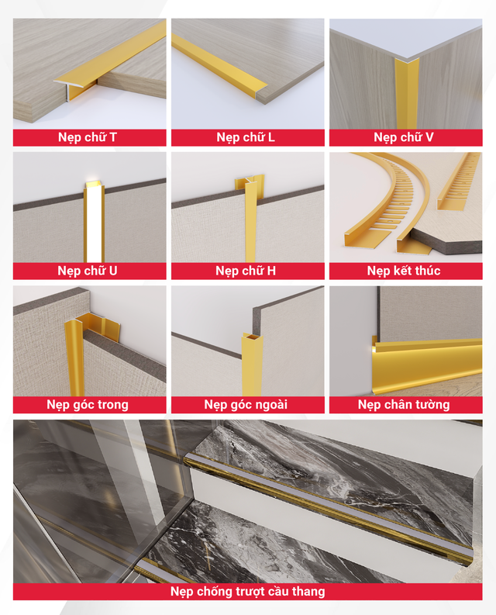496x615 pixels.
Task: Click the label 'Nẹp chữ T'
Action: (x=88, y=137)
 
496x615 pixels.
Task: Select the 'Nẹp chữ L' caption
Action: (x=246, y=137)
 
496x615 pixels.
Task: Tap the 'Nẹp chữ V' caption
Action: (x=404, y=137)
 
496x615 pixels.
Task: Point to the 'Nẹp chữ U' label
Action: (x=88, y=271)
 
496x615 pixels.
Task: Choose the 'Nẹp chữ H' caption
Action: (x=246, y=271)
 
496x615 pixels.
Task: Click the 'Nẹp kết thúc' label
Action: (x=404, y=271)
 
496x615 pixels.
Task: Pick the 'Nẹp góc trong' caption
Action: (x=88, y=404)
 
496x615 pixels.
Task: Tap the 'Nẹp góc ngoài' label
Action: (x=246, y=404)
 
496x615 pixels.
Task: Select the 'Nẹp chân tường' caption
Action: (x=404, y=404)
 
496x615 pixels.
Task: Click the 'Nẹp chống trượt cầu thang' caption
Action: (x=248, y=592)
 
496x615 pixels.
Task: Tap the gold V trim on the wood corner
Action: (x=405, y=93)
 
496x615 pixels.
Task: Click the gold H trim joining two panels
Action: (x=250, y=220)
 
